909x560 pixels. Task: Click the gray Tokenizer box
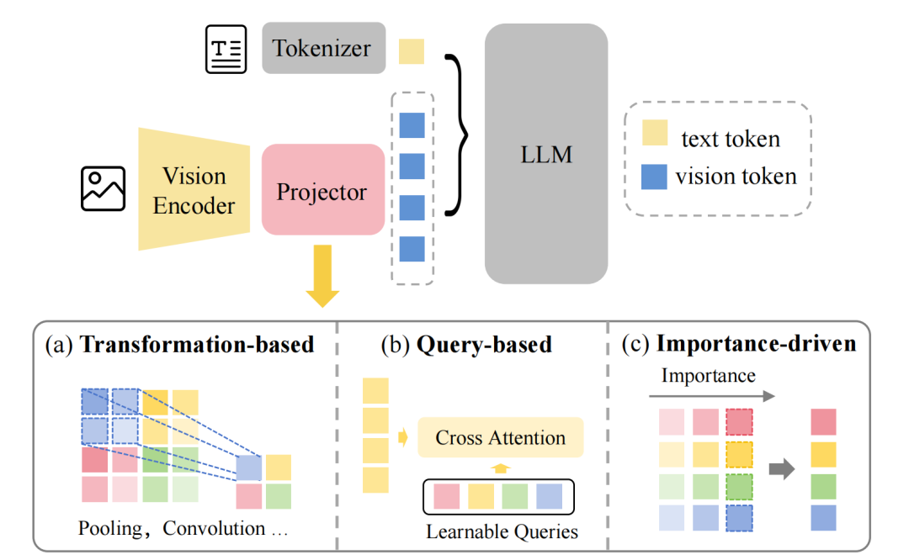(323, 48)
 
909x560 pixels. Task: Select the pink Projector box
(323, 189)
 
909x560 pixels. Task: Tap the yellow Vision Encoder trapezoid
(194, 189)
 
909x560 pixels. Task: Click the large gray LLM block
(546, 154)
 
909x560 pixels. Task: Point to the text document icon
(226, 50)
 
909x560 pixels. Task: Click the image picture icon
(104, 189)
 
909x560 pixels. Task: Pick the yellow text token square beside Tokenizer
(412, 51)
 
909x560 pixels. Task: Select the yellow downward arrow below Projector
(322, 276)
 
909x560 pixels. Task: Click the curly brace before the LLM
(457, 135)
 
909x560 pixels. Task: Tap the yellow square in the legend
(655, 133)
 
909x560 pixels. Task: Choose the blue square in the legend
(654, 177)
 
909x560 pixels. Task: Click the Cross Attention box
(500, 437)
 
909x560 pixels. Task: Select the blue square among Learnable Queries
(549, 497)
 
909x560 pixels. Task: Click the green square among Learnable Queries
(515, 497)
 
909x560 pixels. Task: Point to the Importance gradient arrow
(712, 396)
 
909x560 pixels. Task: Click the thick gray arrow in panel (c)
(782, 468)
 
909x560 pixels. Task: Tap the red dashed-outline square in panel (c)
(739, 421)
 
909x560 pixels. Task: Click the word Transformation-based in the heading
(197, 345)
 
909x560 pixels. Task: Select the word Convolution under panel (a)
(214, 528)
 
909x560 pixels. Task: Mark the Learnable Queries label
(502, 531)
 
